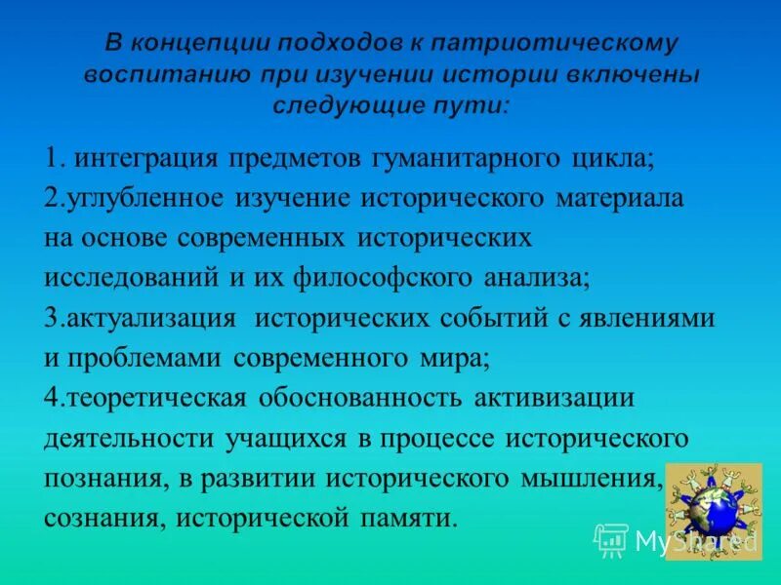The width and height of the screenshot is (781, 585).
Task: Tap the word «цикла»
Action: click(605, 157)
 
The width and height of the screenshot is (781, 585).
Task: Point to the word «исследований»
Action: click(132, 278)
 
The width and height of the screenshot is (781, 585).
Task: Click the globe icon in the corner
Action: click(712, 510)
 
